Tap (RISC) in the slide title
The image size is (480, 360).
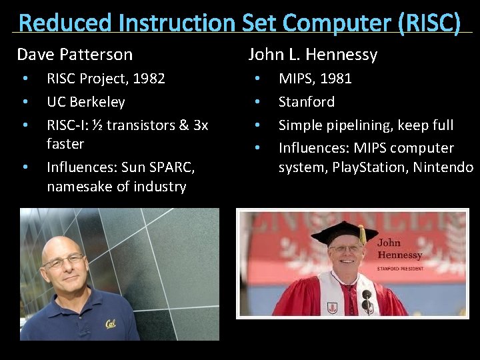(x=429, y=23)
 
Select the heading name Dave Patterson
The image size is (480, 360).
(x=75, y=55)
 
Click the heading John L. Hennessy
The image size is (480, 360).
(x=313, y=55)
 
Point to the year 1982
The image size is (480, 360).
(x=149, y=79)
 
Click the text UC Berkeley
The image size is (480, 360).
(x=85, y=102)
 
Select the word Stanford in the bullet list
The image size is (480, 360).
(x=306, y=102)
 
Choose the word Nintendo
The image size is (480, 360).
(x=443, y=167)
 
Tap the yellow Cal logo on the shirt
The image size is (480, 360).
(x=110, y=324)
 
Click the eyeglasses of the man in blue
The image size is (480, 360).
(x=63, y=261)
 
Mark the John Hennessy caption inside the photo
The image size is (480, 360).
(x=399, y=249)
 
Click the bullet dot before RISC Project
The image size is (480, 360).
(x=25, y=79)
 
